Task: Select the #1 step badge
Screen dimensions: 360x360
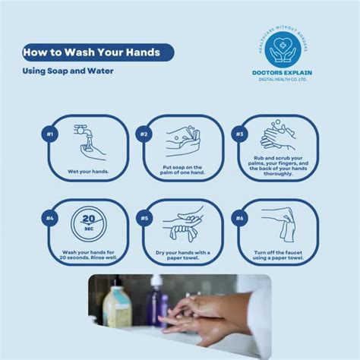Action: coord(49,134)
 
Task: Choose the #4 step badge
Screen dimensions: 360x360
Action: coord(49,219)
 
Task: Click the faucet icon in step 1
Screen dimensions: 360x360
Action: coord(85,135)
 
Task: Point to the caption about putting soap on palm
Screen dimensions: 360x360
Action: coord(182,172)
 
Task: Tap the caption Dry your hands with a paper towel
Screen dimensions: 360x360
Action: coord(182,256)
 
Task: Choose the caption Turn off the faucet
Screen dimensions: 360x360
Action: coord(279,256)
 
